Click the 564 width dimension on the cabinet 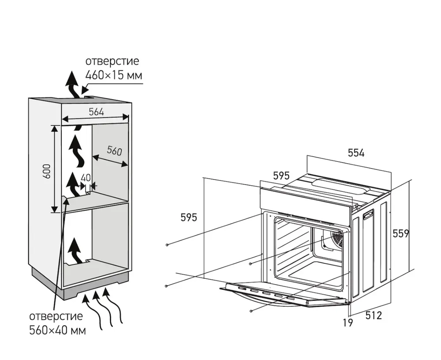pyautogui.click(x=96, y=112)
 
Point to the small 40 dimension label pyautogui.click(x=86, y=178)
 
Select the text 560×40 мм pyautogui.click(x=57, y=329)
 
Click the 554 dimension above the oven pyautogui.click(x=356, y=153)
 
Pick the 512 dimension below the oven pyautogui.click(x=373, y=316)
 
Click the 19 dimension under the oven pyautogui.click(x=348, y=322)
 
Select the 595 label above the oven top pyautogui.click(x=281, y=176)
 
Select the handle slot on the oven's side pyautogui.click(x=368, y=215)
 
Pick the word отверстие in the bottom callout pyautogui.click(x=56, y=316)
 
